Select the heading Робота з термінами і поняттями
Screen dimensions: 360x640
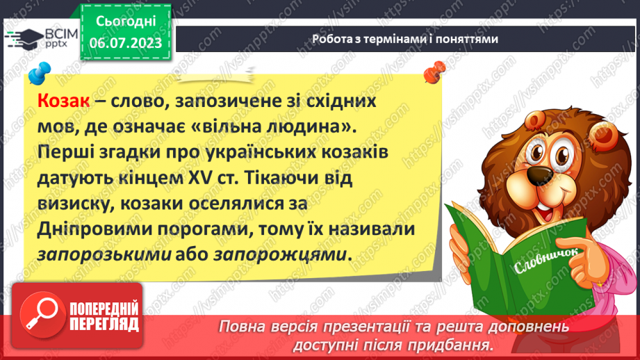click(404, 39)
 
